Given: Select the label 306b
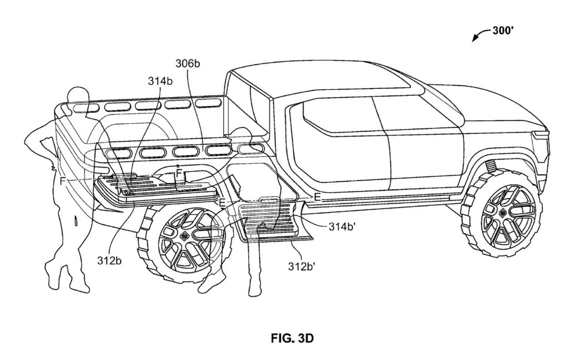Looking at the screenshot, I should (187, 64).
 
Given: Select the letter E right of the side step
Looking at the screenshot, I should (317, 196).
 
